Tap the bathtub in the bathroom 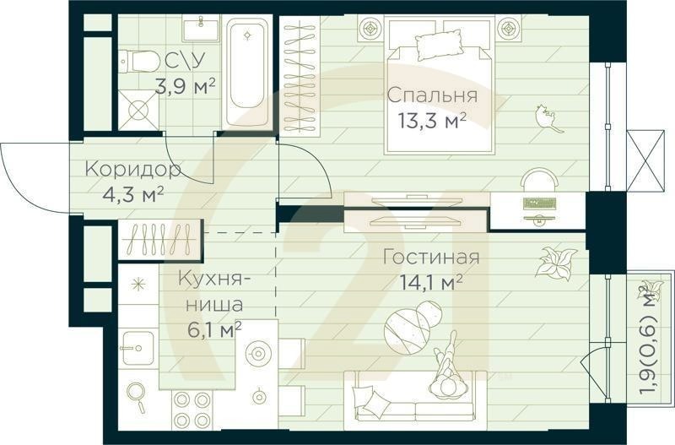click(247, 73)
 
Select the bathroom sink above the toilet click(201, 30)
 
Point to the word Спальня click(432, 95)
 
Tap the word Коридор click(132, 170)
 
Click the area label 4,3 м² click(132, 193)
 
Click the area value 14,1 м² click(433, 282)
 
